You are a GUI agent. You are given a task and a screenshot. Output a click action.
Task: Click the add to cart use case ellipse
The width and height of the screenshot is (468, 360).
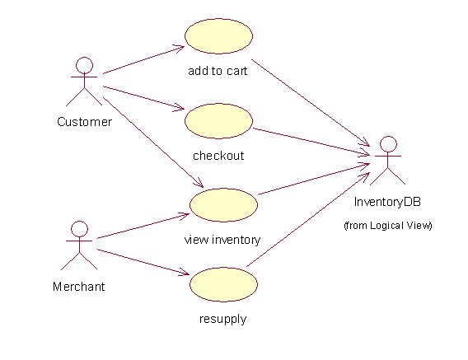click(219, 36)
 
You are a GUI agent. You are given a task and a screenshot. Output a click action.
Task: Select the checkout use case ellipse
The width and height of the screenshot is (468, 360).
click(219, 121)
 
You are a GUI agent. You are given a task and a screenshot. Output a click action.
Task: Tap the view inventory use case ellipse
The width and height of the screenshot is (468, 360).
click(223, 205)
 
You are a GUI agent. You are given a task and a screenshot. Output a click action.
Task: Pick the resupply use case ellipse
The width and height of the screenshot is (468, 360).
click(223, 284)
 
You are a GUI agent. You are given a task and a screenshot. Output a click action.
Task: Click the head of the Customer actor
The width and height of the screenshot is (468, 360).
click(84, 65)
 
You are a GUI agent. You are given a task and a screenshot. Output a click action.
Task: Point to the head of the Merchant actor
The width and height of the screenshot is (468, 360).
click(79, 229)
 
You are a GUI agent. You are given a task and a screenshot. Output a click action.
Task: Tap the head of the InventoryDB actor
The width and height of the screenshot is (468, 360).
click(388, 144)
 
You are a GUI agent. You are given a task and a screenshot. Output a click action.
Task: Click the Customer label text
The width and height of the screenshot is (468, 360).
click(85, 122)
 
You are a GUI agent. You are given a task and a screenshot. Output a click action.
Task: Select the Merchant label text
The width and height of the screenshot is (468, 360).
click(79, 287)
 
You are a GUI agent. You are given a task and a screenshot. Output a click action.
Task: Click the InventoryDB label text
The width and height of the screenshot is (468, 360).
click(387, 202)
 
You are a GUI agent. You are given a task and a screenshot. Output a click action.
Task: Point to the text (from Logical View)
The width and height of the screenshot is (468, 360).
click(388, 226)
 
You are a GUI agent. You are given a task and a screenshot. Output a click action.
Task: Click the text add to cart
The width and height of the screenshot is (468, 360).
click(218, 71)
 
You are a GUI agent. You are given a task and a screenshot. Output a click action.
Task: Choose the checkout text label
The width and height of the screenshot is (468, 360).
click(218, 156)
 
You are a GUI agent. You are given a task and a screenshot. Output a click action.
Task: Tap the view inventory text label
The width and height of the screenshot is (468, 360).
click(222, 240)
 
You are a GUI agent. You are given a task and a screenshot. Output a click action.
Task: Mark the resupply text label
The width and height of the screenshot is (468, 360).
click(223, 319)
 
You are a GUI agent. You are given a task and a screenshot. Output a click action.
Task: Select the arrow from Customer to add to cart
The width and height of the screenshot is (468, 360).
click(144, 59)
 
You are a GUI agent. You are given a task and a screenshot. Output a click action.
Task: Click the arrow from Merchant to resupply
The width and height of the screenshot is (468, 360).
click(143, 262)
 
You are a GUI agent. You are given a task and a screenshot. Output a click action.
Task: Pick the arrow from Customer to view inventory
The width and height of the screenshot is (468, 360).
click(153, 143)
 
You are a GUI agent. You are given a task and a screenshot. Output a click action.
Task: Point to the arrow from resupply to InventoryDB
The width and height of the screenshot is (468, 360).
click(308, 219)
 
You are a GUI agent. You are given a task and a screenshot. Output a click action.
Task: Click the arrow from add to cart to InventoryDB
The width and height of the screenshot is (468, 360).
click(311, 103)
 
